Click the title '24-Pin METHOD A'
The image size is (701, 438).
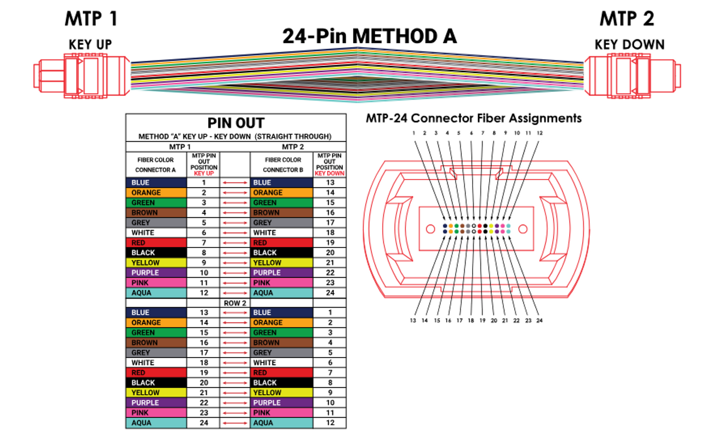tap(369, 36)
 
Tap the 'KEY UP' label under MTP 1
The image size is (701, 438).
tap(90, 45)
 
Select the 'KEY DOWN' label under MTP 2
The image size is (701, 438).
tap(629, 45)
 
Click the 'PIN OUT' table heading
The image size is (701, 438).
tap(236, 123)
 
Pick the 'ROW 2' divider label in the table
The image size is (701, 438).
tap(235, 303)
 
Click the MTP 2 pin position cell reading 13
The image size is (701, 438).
tap(330, 182)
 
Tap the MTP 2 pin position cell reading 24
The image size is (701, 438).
tap(330, 292)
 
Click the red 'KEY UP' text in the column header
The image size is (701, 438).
tap(204, 174)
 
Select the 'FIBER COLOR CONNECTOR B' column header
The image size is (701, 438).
tap(283, 165)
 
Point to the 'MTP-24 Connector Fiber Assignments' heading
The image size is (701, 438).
tap(474, 118)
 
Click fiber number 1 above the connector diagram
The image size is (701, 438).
tap(413, 133)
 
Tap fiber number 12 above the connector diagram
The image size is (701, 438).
tap(540, 133)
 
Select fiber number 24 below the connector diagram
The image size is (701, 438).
tap(539, 320)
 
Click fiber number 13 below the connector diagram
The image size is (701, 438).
tap(413, 320)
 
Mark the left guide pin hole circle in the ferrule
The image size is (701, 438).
tap(430, 229)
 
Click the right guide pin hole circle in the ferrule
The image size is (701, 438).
tap(523, 229)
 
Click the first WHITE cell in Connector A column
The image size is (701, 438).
tap(157, 233)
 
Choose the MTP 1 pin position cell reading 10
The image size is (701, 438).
tap(204, 273)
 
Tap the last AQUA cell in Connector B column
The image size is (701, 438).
tap(281, 423)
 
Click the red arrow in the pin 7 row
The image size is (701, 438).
tap(235, 243)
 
